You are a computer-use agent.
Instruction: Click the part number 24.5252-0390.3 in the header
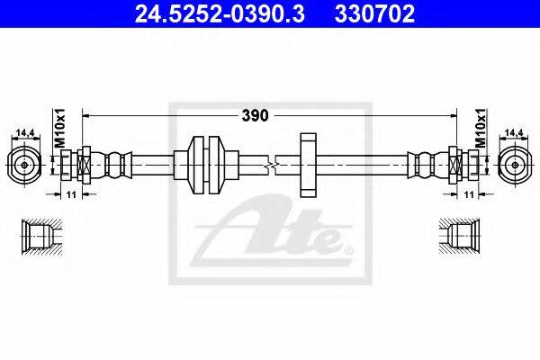[x=220, y=13]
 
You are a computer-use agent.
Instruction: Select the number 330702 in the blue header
[x=374, y=13]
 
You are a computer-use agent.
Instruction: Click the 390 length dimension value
[x=255, y=116]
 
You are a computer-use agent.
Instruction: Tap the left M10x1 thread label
[x=59, y=128]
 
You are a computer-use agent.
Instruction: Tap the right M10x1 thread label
[x=481, y=128]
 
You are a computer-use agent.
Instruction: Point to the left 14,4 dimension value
[x=26, y=132]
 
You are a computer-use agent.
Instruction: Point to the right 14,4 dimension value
[x=514, y=132]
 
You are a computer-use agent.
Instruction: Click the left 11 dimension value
[x=71, y=194]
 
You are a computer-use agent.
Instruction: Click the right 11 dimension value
[x=469, y=194]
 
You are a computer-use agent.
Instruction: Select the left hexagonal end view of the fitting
[x=24, y=165]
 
